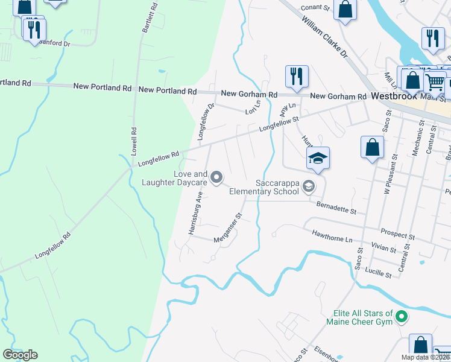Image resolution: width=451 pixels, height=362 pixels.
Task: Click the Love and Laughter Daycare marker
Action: [218, 177]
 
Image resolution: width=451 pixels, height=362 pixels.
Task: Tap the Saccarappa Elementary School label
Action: [277, 187]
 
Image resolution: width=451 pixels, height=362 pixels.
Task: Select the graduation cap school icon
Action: [318, 159]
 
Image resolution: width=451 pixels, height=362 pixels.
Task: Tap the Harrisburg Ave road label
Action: [194, 214]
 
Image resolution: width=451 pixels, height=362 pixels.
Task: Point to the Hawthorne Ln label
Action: [331, 235]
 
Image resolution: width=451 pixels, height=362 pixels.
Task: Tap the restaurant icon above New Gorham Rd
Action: [297, 76]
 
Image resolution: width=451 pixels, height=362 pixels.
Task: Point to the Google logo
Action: [20, 354]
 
